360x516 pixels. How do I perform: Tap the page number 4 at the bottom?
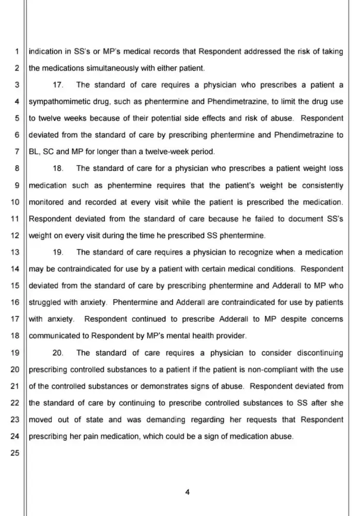(187, 492)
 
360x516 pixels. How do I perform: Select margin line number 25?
(14, 454)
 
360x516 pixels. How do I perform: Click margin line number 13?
(14, 252)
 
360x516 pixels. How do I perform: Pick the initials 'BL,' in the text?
(35, 152)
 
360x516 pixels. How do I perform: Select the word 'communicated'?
(54, 336)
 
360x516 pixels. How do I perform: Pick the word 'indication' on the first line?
(45, 51)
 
